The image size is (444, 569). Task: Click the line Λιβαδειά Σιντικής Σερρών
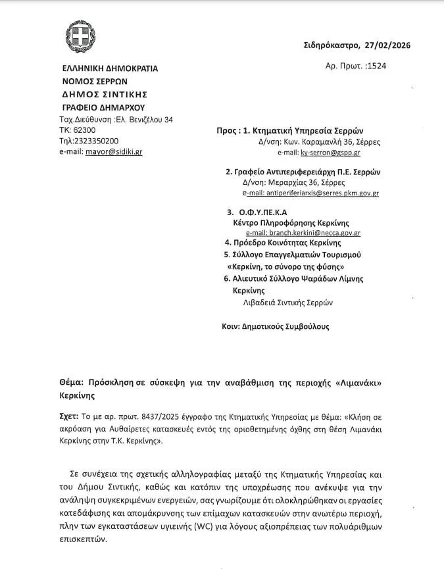[287, 303]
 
